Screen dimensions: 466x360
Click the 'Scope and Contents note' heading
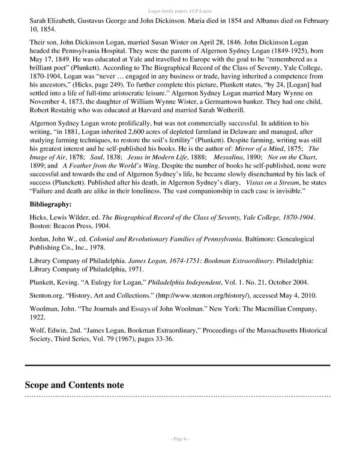click(x=74, y=385)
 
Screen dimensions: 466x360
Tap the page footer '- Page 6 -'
click(x=179, y=455)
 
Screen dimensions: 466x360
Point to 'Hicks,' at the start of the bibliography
click(x=40, y=216)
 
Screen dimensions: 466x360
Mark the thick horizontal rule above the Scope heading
click(x=177, y=365)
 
